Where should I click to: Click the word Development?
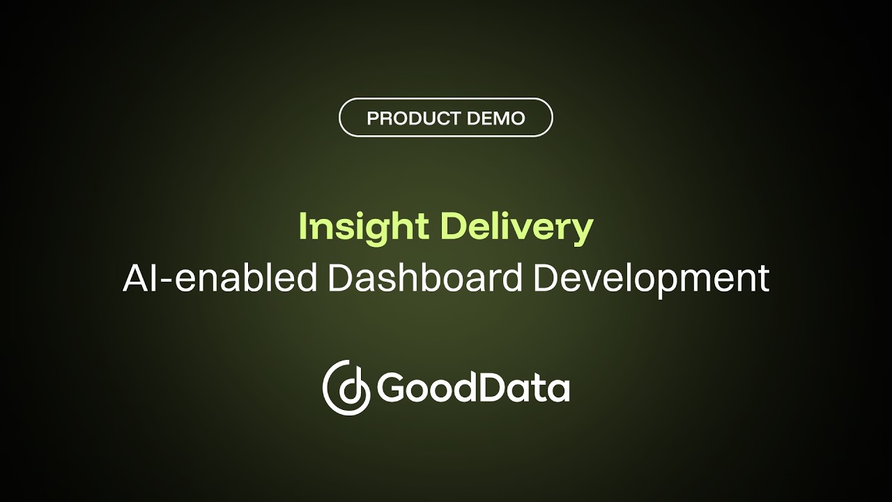pos(652,277)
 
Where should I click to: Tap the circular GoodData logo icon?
pos(346,388)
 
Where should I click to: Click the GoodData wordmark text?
pos(474,388)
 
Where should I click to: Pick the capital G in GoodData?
pos(391,388)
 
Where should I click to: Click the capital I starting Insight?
pos(303,226)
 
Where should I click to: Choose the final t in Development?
pos(764,279)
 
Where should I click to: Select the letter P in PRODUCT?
pos(372,119)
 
